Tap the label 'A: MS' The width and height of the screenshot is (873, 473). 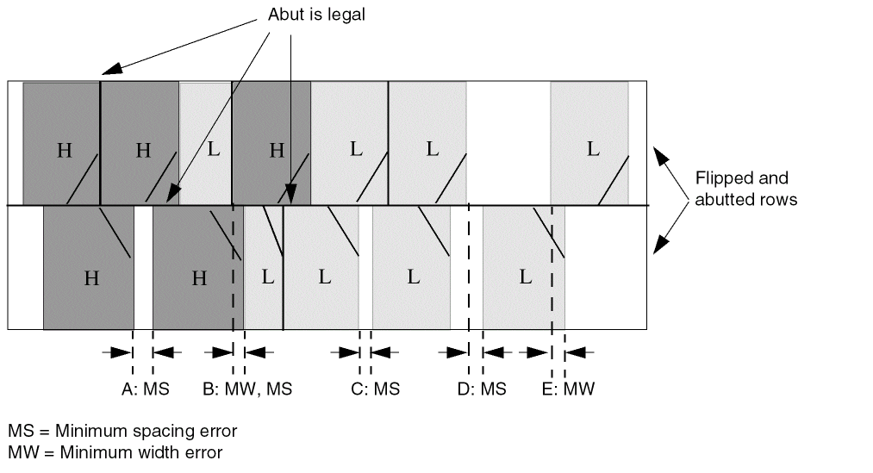pyautogui.click(x=146, y=389)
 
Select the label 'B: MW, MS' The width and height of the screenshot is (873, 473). pyautogui.click(x=248, y=389)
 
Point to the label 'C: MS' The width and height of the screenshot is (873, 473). pyautogui.click(x=376, y=389)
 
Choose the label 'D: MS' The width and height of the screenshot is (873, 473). pyautogui.click(x=482, y=389)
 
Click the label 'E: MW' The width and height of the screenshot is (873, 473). pyautogui.click(x=568, y=389)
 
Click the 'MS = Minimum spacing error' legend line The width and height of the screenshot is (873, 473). pyautogui.click(x=122, y=430)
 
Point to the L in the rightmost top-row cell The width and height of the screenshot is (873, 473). pyautogui.click(x=592, y=148)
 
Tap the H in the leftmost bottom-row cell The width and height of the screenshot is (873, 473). pyautogui.click(x=91, y=277)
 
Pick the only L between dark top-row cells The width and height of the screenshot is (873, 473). pyautogui.click(x=214, y=148)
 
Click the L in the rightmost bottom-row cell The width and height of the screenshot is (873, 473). pyautogui.click(x=525, y=277)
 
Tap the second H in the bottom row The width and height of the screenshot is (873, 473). pyautogui.click(x=199, y=277)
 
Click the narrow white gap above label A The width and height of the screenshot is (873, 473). pyautogui.click(x=143, y=267)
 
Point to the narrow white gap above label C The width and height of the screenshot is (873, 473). pyautogui.click(x=365, y=267)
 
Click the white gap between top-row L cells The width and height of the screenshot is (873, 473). pyautogui.click(x=508, y=142)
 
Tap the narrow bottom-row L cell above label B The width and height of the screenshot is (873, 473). pyautogui.click(x=266, y=277)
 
